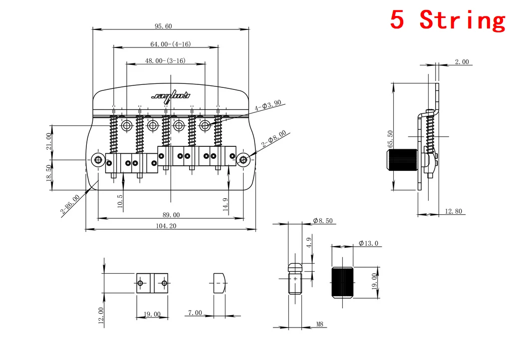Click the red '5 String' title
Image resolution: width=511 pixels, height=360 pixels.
click(x=447, y=20)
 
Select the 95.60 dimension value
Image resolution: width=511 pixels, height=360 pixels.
click(x=163, y=26)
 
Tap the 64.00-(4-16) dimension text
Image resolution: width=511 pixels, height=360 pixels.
click(x=171, y=44)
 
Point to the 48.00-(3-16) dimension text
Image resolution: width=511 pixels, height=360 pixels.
click(x=165, y=60)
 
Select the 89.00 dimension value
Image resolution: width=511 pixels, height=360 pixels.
click(x=171, y=215)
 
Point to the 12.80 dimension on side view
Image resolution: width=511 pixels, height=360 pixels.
click(x=453, y=211)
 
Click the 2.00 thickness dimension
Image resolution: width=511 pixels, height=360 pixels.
click(x=462, y=62)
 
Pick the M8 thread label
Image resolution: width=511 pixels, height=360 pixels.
click(x=320, y=324)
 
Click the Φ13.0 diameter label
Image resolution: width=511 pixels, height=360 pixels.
click(x=368, y=244)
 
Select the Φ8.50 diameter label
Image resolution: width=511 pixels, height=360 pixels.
click(x=322, y=220)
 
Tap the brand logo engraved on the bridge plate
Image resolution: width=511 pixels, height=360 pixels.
click(x=171, y=95)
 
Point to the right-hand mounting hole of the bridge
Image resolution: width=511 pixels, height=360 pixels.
click(x=244, y=160)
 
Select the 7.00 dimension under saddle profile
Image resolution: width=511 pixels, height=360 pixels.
click(x=195, y=313)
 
